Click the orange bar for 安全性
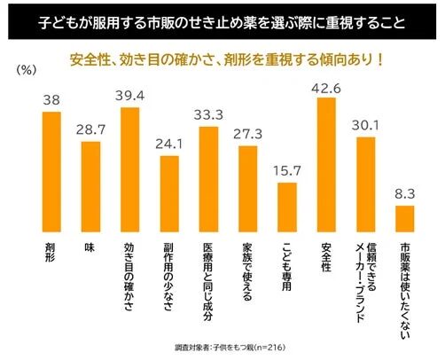[325, 164]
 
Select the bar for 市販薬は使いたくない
[403, 217]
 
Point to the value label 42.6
[325, 87]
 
